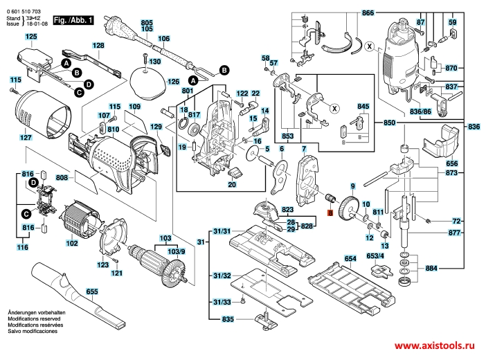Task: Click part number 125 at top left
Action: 31,36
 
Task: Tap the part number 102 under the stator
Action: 71,243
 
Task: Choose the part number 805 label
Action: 146,22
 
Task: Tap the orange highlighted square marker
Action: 330,214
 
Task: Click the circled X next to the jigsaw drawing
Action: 370,47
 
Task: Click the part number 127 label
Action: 25,138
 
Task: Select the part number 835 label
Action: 227,319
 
